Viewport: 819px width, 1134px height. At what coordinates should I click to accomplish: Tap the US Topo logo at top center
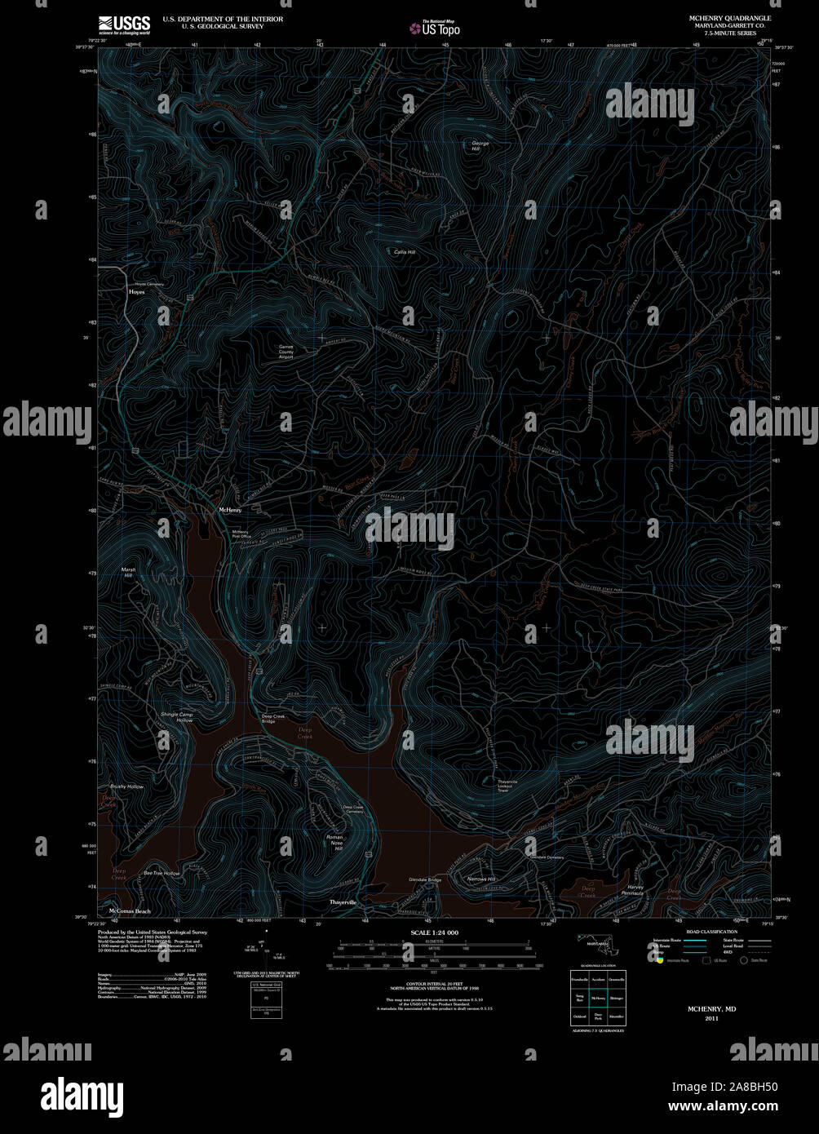(x=435, y=27)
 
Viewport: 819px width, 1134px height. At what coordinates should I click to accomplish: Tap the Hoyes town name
(x=136, y=291)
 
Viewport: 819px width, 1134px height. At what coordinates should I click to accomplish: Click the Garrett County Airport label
(x=286, y=351)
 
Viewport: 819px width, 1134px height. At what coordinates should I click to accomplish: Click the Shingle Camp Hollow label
(x=177, y=717)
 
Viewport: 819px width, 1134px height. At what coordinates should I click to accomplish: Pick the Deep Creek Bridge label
(x=273, y=719)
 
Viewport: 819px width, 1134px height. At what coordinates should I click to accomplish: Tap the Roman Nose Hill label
(x=334, y=843)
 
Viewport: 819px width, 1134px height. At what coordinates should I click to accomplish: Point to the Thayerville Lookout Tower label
(x=508, y=786)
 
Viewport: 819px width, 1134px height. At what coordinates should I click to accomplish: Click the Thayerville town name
(x=343, y=902)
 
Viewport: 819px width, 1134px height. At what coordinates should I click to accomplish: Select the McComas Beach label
(x=130, y=910)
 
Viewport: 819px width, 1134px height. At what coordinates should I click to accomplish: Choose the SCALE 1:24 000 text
(x=434, y=932)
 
